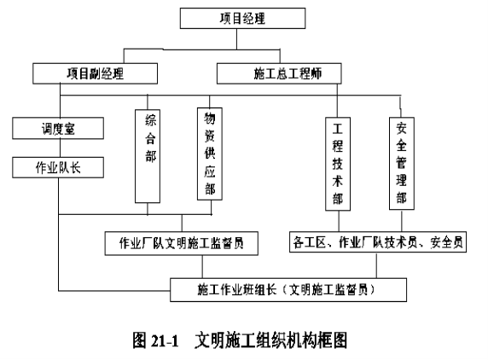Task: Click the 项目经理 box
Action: (x=242, y=19)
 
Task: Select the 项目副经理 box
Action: (x=95, y=73)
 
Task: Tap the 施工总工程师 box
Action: (x=279, y=73)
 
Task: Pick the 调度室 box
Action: (x=58, y=128)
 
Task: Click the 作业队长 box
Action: (x=58, y=167)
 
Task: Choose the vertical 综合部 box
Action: (x=148, y=156)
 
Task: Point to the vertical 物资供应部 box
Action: (x=210, y=154)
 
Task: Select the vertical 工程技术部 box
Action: (x=338, y=164)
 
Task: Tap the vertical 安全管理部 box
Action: (x=402, y=163)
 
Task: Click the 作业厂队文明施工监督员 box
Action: (x=182, y=243)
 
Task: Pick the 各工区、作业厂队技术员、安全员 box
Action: (x=378, y=241)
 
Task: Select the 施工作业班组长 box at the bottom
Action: (x=288, y=290)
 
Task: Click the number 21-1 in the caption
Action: (x=165, y=340)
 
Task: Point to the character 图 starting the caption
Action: (x=139, y=340)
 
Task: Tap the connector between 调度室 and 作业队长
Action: (x=60, y=148)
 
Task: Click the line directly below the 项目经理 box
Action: (x=236, y=39)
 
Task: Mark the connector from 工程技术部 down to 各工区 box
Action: (x=339, y=221)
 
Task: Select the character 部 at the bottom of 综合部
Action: (x=151, y=156)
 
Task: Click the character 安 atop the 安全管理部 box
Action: (x=401, y=128)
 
